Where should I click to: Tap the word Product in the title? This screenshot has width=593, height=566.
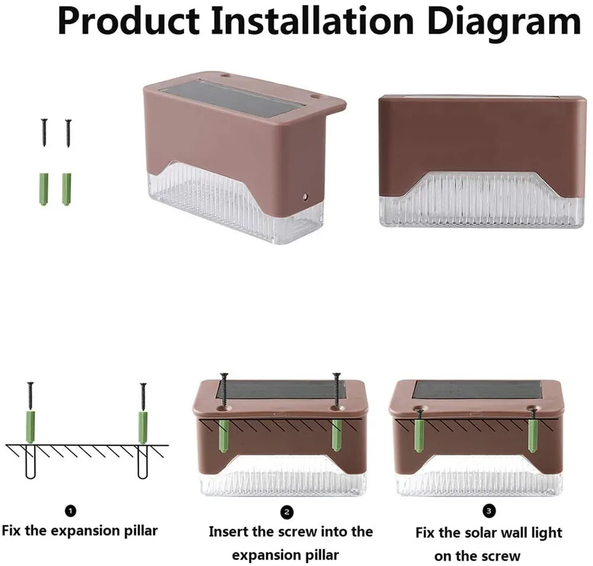127,21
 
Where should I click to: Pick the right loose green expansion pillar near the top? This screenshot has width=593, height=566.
66,188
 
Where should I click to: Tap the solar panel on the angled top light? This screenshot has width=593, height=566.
231,97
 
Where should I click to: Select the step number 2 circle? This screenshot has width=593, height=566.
288,511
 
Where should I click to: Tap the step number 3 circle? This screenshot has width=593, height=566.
489,510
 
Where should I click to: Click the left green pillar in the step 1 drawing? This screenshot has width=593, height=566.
30,426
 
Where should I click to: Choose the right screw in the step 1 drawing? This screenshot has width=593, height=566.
143,397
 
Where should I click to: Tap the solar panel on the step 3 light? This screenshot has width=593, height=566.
477,390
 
